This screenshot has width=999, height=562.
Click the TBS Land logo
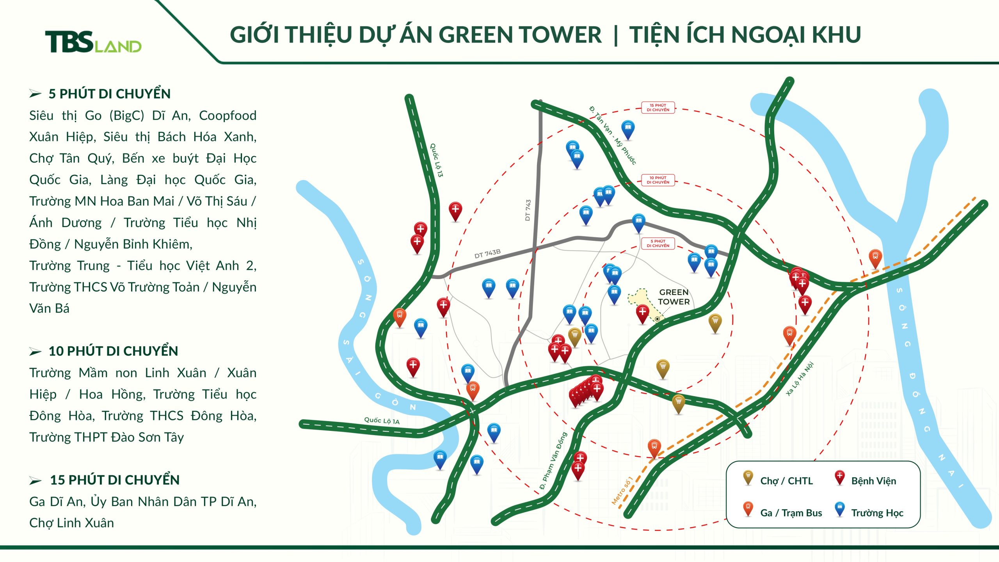pos(93,42)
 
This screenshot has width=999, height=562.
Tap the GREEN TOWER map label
pos(674,297)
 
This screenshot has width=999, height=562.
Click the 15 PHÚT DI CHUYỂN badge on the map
pos(658,108)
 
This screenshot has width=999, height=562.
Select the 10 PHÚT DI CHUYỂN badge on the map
pos(658,180)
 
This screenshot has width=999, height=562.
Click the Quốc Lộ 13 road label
pos(436,160)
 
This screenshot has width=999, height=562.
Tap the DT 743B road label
pos(487,254)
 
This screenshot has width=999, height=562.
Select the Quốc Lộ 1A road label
pos(382,421)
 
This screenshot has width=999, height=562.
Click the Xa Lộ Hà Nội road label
pos(800,379)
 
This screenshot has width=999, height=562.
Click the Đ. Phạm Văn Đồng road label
pos(553,461)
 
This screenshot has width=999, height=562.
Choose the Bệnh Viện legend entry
pos(873,481)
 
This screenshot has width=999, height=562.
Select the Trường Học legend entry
pos(877,513)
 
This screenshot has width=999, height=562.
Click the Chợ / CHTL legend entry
pos(786,481)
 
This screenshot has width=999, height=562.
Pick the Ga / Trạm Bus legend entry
pos(791,513)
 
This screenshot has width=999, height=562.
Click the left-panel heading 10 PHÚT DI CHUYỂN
pos(113,351)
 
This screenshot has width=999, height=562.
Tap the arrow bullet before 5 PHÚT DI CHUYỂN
pos(35,94)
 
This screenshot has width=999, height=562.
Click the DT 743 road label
pos(528,210)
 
